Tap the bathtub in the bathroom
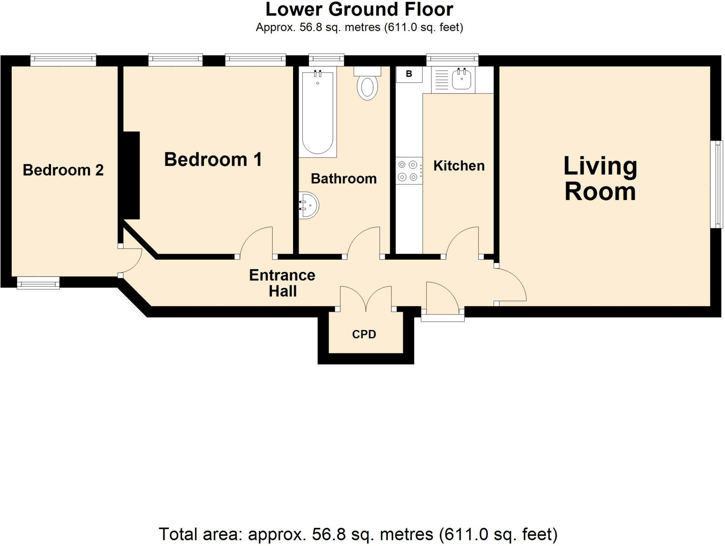tap(318, 113)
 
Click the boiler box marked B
tap(409, 74)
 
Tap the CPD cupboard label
tap(364, 334)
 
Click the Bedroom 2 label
tap(63, 170)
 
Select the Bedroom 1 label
tap(213, 159)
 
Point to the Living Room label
tap(600, 179)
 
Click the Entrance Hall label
tap(282, 283)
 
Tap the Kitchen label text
tap(459, 166)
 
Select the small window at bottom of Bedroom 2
tap(38, 283)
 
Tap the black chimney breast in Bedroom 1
tap(131, 175)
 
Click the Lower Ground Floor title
tap(359, 10)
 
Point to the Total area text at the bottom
tap(358, 534)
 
